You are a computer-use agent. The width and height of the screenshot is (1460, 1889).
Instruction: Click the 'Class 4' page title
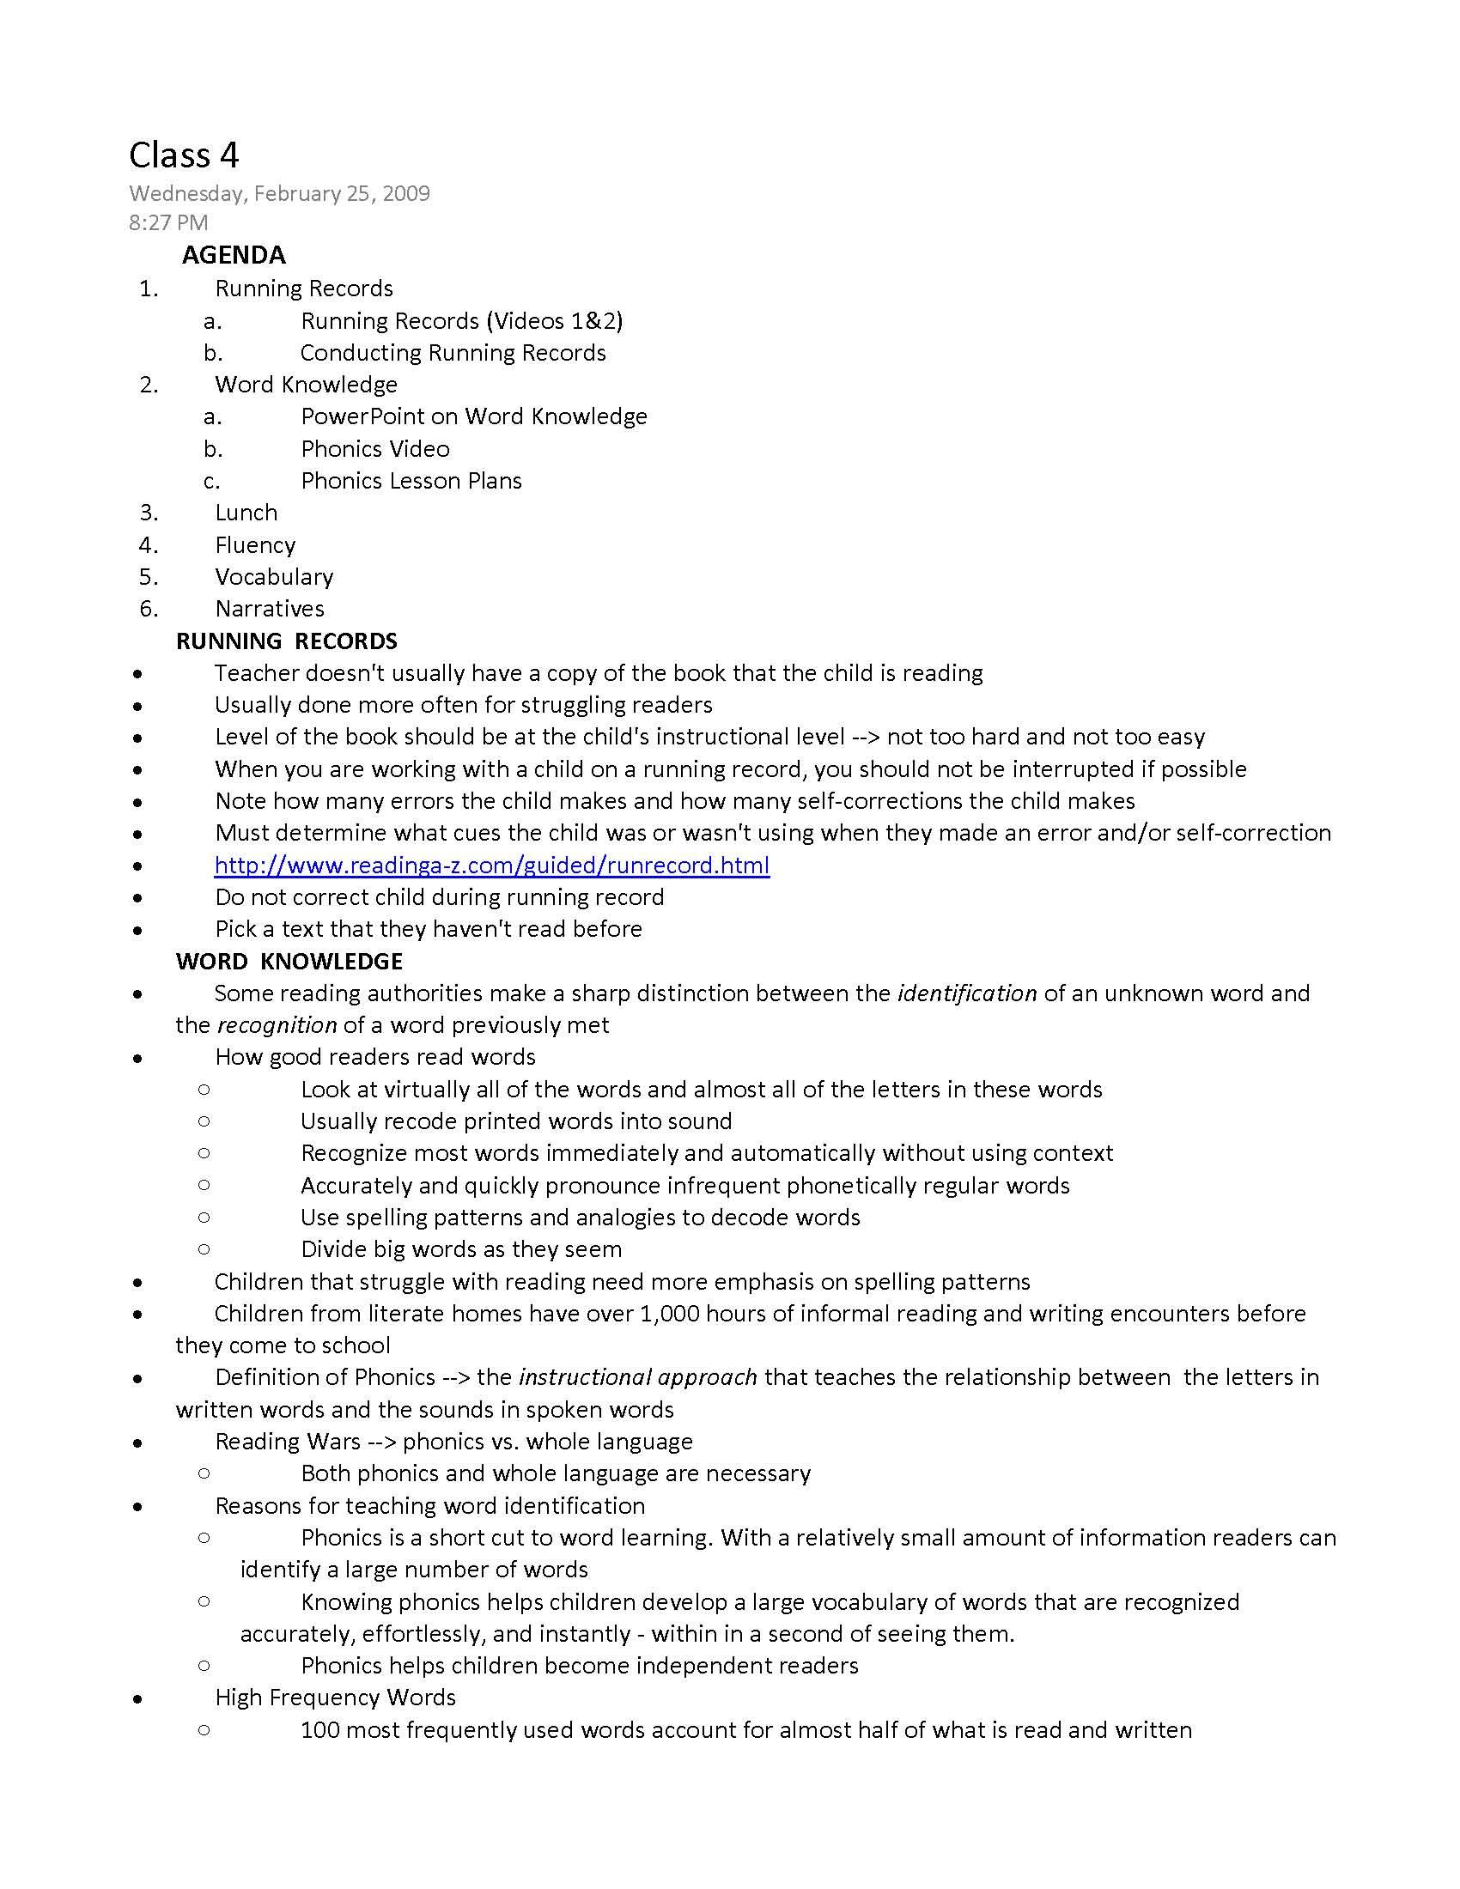pos(184,155)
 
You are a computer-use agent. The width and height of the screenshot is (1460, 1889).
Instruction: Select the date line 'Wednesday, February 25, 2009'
pos(279,193)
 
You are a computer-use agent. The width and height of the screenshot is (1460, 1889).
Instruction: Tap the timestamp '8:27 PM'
pos(168,223)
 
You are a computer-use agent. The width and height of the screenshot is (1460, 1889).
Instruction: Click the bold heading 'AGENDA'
pos(234,255)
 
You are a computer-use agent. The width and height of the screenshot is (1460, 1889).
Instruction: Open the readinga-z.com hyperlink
pos(491,865)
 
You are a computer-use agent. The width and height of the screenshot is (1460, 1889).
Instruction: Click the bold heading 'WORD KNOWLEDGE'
pos(289,961)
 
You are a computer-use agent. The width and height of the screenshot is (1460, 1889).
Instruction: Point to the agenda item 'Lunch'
pos(246,513)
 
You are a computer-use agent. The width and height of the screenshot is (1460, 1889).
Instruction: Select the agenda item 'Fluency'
pos(255,545)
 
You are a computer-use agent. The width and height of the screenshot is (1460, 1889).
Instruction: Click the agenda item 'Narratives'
pos(269,609)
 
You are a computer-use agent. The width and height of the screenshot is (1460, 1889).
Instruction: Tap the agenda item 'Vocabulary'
pos(274,577)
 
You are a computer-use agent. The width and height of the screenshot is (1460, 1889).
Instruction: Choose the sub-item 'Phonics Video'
pos(374,449)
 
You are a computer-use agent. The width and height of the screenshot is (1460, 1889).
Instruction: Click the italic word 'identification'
pos(967,993)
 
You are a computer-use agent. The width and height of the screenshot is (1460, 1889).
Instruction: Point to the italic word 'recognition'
pos(277,1025)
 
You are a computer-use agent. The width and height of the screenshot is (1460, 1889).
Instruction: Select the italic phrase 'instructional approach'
pos(637,1377)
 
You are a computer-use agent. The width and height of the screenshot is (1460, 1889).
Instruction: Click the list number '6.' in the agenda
pos(149,609)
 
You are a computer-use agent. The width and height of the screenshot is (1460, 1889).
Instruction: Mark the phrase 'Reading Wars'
pos(287,1441)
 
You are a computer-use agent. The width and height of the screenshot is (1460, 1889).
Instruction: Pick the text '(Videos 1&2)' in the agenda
pos(555,321)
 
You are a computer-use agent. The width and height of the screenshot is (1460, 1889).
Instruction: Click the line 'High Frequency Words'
pos(335,1697)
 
